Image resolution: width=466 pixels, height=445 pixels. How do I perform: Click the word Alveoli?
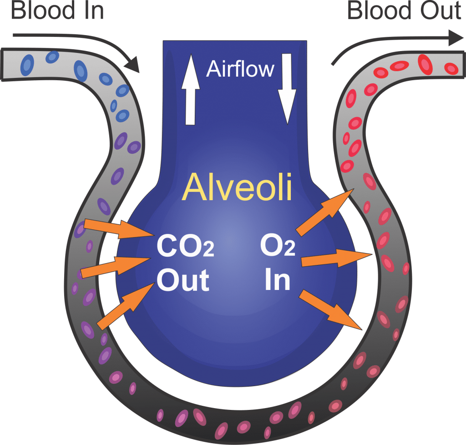(x=237, y=187)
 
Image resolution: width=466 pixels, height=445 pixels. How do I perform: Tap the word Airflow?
(x=240, y=69)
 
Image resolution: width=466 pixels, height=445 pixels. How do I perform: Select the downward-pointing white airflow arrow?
(x=287, y=89)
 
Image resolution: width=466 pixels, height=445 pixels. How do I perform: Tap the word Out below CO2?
(x=183, y=279)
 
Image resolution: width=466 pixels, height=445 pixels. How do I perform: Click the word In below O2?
(x=278, y=280)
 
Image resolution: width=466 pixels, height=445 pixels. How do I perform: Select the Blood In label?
(x=57, y=11)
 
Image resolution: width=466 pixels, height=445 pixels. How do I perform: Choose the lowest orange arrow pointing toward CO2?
(x=125, y=305)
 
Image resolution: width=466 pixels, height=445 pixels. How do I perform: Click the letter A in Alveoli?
(x=193, y=187)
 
